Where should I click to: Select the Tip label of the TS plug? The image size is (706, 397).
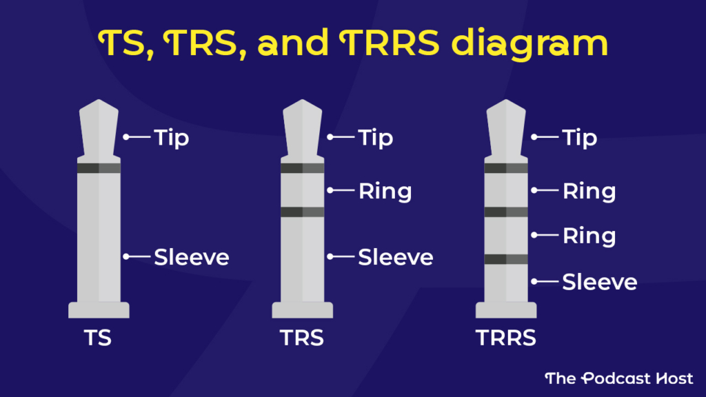172,137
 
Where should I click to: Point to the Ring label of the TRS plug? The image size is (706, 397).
385,190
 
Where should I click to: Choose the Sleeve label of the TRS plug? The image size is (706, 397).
396,257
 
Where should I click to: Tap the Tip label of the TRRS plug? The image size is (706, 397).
580,137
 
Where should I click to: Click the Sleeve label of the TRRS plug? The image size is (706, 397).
600,281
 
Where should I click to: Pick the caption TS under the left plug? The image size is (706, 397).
99,339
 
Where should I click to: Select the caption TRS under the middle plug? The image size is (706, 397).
302,339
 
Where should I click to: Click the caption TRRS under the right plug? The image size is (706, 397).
506,339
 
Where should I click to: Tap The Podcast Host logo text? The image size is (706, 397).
618,378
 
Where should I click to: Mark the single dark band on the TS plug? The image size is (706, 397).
99,168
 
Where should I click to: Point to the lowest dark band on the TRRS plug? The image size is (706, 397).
506,259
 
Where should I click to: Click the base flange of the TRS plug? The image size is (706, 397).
302,310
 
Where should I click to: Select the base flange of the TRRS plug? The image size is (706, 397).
506,310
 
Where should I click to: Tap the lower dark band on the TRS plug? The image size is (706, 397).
302,212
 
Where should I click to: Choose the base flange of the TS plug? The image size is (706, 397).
99,310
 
